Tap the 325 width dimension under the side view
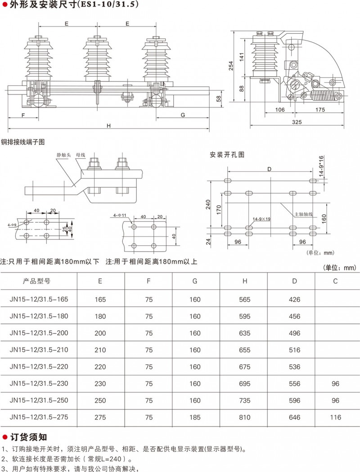tap(297, 122)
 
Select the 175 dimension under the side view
tap(320, 110)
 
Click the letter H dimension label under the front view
tap(108, 126)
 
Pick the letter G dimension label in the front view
tap(183, 115)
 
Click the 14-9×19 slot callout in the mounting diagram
tap(261, 219)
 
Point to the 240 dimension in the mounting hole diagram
tap(207, 205)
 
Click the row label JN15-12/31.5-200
tap(39, 333)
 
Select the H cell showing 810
tap(245, 418)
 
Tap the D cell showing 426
tap(294, 299)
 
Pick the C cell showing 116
tap(335, 418)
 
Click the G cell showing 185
tap(195, 418)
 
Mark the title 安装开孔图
tap(227, 155)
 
